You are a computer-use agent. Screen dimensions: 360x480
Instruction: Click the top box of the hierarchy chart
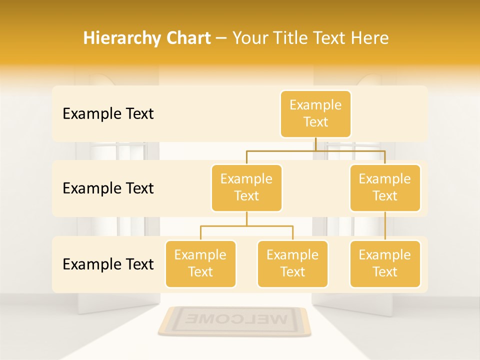(x=315, y=113)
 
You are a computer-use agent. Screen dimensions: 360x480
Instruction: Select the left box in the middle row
(x=246, y=187)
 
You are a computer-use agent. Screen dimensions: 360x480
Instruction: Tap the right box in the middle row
(x=385, y=187)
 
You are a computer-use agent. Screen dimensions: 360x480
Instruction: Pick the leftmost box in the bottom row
(x=200, y=263)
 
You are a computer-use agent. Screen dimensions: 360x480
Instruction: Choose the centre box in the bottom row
(x=292, y=263)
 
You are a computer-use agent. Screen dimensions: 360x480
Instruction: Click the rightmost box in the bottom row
(x=385, y=263)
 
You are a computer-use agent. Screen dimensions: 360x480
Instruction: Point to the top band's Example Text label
(x=108, y=114)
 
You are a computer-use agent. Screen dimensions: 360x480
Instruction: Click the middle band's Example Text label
(x=108, y=188)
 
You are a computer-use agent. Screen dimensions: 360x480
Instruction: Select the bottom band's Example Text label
(x=108, y=264)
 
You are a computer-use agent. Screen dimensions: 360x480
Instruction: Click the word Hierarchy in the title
(x=121, y=38)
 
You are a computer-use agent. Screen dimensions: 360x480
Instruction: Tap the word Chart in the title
(x=188, y=38)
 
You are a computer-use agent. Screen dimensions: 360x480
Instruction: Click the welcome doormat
(x=234, y=321)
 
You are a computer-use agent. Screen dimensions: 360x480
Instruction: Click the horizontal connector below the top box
(x=315, y=150)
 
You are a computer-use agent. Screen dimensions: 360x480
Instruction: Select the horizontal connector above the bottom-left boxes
(x=246, y=226)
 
